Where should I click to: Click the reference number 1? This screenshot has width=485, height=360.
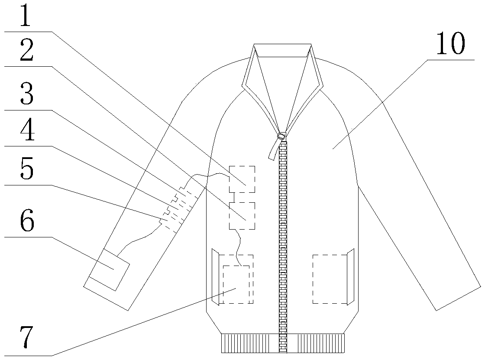point(26,16)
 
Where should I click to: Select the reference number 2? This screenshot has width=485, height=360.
point(26,52)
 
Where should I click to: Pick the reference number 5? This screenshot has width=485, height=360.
point(26,170)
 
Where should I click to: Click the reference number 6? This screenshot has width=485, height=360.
point(26,222)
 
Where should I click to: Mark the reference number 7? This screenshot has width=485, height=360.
point(26,339)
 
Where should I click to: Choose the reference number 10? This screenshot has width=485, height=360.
point(450,45)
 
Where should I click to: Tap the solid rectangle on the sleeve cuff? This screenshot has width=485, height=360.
point(110,268)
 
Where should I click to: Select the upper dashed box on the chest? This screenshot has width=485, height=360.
point(242,178)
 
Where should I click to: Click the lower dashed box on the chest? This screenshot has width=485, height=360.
point(242,216)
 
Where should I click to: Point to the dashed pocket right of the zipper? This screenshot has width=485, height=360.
point(330,279)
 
